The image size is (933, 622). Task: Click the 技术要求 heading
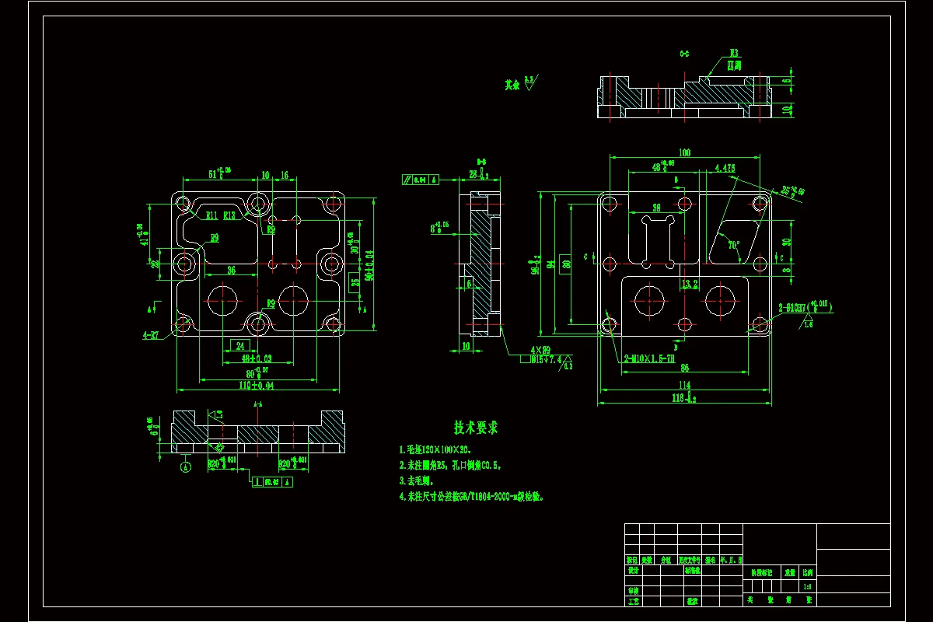(x=476, y=428)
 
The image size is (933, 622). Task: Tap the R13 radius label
(x=230, y=215)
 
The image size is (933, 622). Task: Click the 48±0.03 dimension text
(x=256, y=358)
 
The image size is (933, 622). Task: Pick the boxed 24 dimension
(x=240, y=346)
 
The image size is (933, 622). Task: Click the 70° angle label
(x=733, y=245)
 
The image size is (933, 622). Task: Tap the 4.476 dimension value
(x=724, y=167)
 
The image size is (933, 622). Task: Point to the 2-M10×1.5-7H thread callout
(x=648, y=358)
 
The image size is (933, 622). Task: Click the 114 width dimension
(x=683, y=385)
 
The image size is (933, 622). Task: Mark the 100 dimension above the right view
(x=684, y=153)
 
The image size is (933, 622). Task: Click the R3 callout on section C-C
(x=733, y=54)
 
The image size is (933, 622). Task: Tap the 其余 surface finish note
(x=511, y=84)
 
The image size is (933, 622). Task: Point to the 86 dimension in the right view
(x=684, y=367)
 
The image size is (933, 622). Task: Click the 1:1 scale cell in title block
(x=809, y=585)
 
